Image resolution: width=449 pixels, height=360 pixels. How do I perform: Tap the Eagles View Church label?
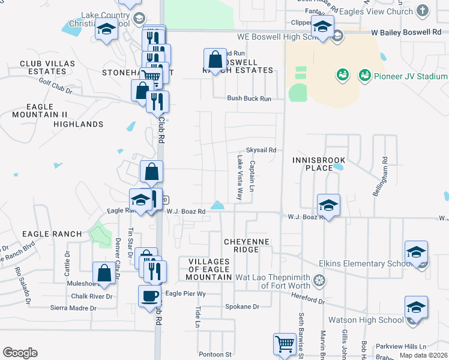(x=376, y=11)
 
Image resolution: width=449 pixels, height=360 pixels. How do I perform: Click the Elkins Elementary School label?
(x=369, y=263)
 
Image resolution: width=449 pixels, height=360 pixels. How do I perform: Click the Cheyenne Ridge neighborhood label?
(x=247, y=245)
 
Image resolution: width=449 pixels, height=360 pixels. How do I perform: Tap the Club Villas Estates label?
(x=47, y=67)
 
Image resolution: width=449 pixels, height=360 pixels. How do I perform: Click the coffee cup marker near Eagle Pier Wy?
(x=149, y=295)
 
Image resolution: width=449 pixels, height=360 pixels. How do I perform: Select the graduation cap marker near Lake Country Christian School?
(x=106, y=29)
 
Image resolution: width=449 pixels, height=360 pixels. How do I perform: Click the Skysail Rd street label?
(x=261, y=150)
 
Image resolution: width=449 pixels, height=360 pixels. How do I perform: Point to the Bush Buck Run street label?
(x=249, y=98)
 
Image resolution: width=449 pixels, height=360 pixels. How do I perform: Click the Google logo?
(x=20, y=353)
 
